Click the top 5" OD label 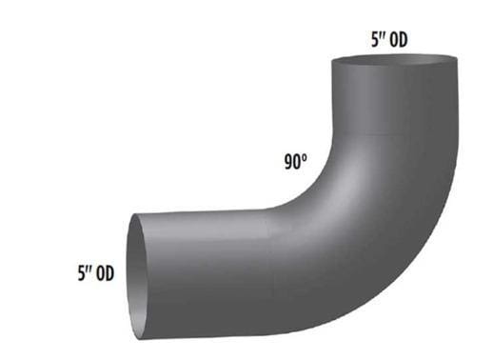pos(389,40)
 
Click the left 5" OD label pos(96,273)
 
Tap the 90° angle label pos(296,162)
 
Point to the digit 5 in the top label pos(375,40)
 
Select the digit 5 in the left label pos(82,273)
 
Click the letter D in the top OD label pos(403,40)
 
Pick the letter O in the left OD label pos(100,273)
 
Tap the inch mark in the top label pos(383,35)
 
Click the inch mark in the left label pos(89,269)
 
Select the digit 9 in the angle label pos(288,162)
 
